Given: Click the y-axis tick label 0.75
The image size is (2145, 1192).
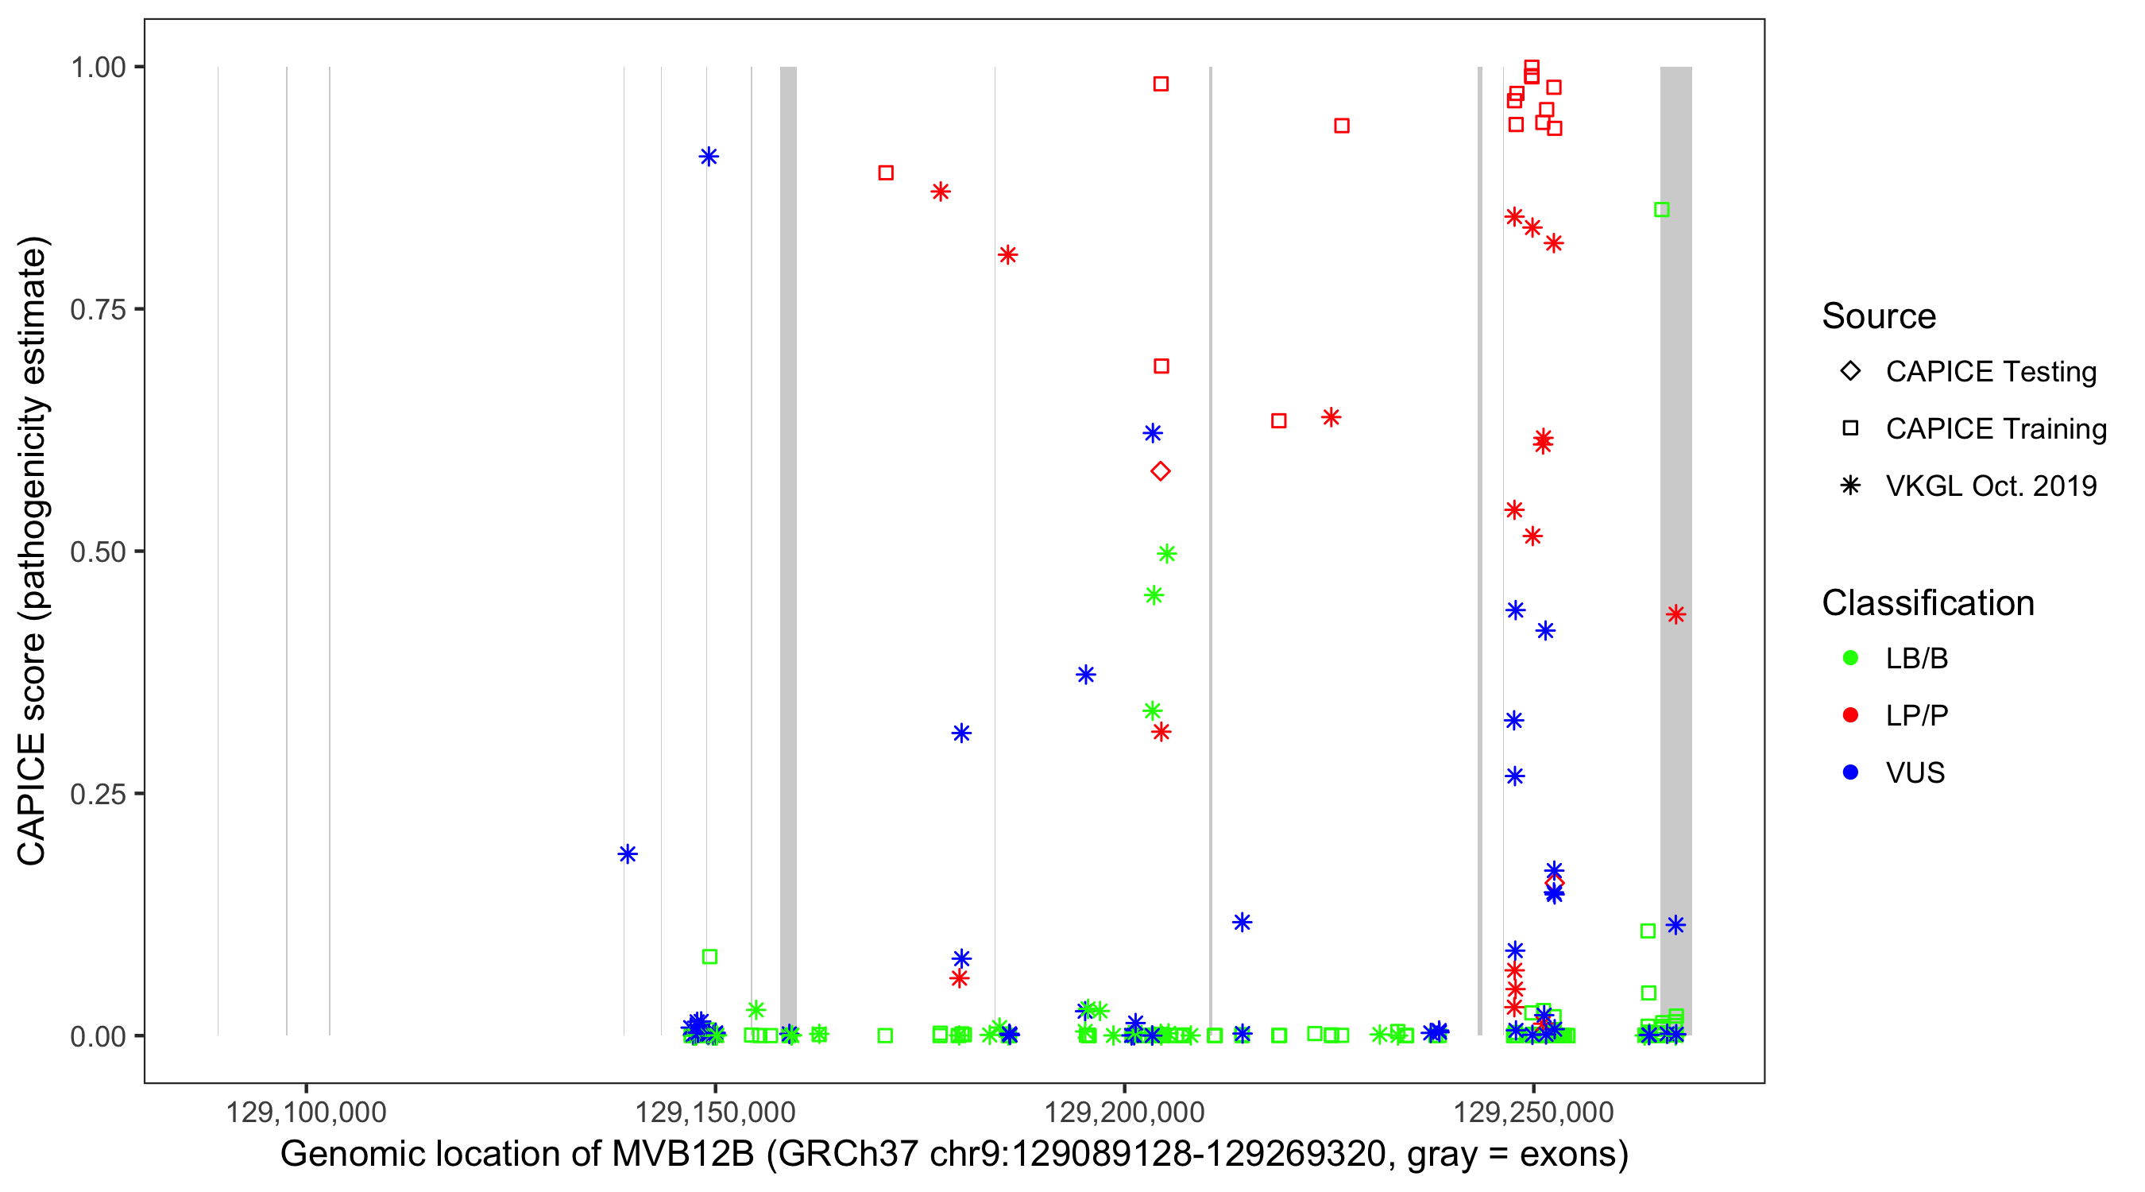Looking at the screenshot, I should pos(97,309).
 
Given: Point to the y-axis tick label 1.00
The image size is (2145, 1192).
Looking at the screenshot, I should pos(97,67).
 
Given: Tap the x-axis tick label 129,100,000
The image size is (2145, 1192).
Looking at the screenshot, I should pos(306,1112).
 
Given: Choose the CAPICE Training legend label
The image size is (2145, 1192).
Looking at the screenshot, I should pos(1995,429).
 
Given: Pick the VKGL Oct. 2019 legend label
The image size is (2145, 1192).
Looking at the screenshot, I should pos(1990,486).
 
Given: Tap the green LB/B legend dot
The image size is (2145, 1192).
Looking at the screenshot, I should pos(1850,658).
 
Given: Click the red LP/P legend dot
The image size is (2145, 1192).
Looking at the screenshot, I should pos(1850,715).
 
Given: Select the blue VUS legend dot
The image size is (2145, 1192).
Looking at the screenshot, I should pos(1850,772).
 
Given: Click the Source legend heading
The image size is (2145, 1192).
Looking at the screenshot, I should pos(1879,316).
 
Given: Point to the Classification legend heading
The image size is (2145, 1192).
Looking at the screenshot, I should pos(1927,603).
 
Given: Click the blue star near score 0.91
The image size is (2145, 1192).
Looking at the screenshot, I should pos(709,157).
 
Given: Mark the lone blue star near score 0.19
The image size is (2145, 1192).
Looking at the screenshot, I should pos(628,853).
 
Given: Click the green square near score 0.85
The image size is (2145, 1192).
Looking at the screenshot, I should pos(1661,210).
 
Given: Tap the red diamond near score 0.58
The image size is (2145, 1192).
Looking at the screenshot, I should pos(1160,471).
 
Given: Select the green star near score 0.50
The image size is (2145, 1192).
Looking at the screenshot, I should pos(1166,554).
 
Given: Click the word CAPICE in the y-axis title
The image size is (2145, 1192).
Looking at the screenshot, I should pos(32,799).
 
